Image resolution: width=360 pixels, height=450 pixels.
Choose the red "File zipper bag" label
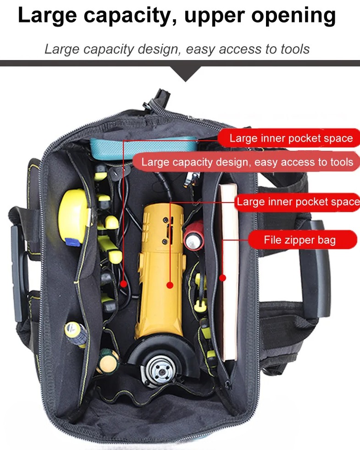tap(301, 240)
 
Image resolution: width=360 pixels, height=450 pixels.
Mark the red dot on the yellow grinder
tap(170, 285)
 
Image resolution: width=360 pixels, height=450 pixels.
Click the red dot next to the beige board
tap(223, 278)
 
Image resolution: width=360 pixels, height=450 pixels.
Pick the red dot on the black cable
tap(123, 284)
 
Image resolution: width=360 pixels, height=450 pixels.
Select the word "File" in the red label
tap(272, 240)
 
